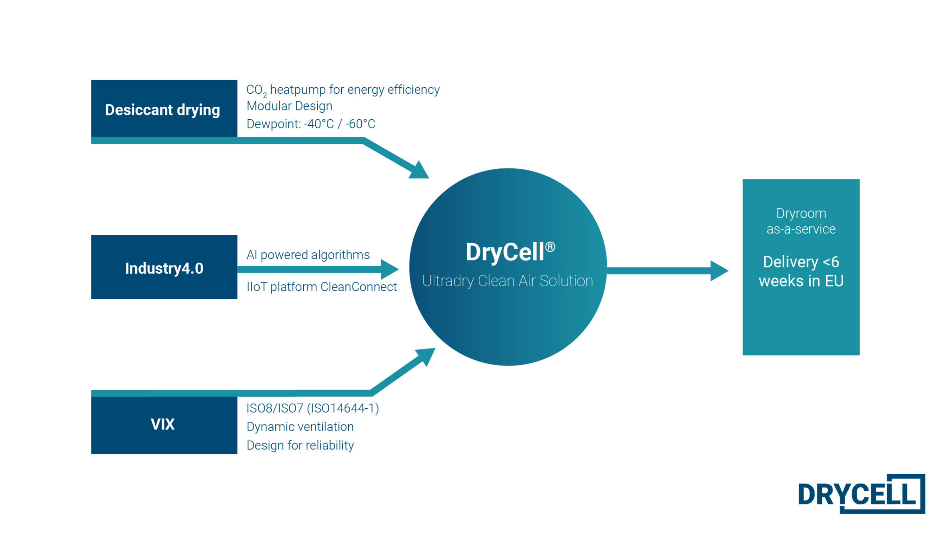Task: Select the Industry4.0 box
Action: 163,268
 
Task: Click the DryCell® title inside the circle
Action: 510,252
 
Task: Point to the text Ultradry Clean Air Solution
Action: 507,281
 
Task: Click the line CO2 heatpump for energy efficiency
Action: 343,90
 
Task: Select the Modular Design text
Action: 289,106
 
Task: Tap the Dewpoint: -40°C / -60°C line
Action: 311,124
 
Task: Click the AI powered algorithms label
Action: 308,255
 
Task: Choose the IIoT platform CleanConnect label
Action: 321,287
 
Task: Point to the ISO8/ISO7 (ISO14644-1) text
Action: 313,408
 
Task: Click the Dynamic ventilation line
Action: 300,427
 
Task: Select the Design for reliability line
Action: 300,445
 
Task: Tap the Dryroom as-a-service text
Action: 801,221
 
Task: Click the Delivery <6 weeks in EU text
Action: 801,271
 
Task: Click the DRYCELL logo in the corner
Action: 860,494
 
